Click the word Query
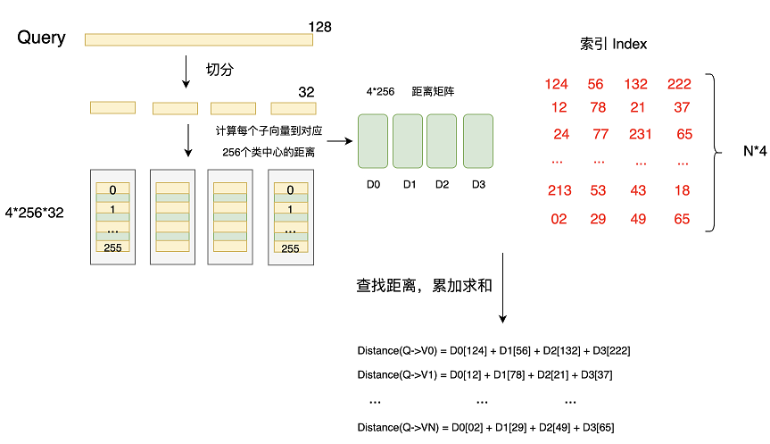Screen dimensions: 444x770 (x=41, y=38)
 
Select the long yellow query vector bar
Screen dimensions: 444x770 (x=196, y=39)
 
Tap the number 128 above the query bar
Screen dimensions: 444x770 (x=319, y=27)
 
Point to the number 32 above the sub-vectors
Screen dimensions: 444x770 (x=306, y=93)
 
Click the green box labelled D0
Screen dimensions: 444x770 (x=373, y=140)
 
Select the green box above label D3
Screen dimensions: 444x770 (x=478, y=140)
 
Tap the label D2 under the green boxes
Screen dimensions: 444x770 (x=443, y=184)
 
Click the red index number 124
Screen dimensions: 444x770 (x=556, y=84)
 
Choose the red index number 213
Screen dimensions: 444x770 (x=559, y=190)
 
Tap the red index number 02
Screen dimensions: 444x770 (x=559, y=219)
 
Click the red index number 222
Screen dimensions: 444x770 (x=679, y=84)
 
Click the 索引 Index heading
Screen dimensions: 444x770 (x=613, y=44)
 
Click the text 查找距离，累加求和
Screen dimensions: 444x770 (x=425, y=286)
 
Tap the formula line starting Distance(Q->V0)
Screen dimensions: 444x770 (x=493, y=351)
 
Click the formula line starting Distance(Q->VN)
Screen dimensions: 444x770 (x=485, y=427)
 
